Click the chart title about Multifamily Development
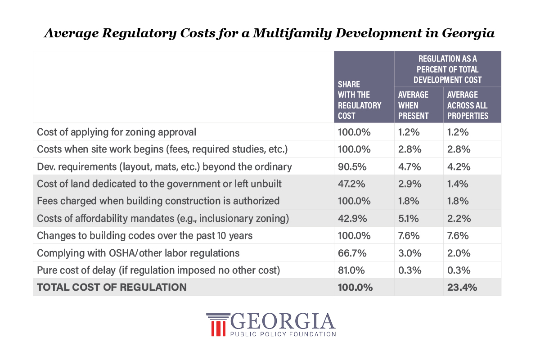point(270,33)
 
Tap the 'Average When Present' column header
point(414,105)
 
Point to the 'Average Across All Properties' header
point(468,105)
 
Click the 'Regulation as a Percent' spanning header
point(447,69)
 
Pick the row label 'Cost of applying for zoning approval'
point(117,132)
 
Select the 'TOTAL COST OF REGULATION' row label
point(112,287)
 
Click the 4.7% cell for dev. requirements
point(409,166)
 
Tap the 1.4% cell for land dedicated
point(458,184)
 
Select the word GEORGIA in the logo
point(283,321)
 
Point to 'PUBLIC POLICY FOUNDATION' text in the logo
point(283,334)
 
